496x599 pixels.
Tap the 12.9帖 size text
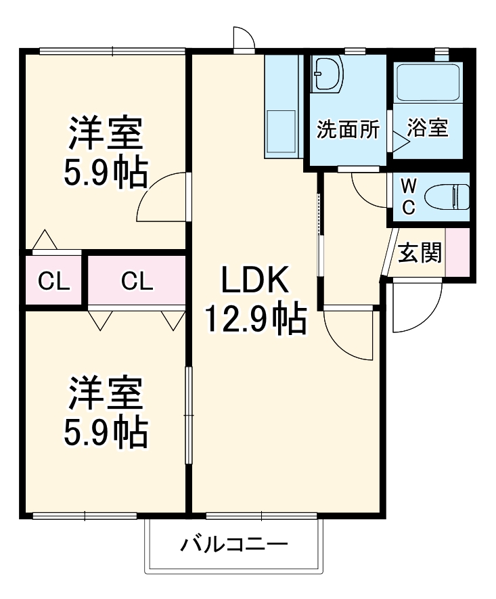(256, 320)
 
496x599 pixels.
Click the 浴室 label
(428, 128)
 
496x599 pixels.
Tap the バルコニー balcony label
(235, 544)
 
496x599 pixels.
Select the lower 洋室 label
(106, 393)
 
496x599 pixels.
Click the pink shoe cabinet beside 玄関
(457, 252)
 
